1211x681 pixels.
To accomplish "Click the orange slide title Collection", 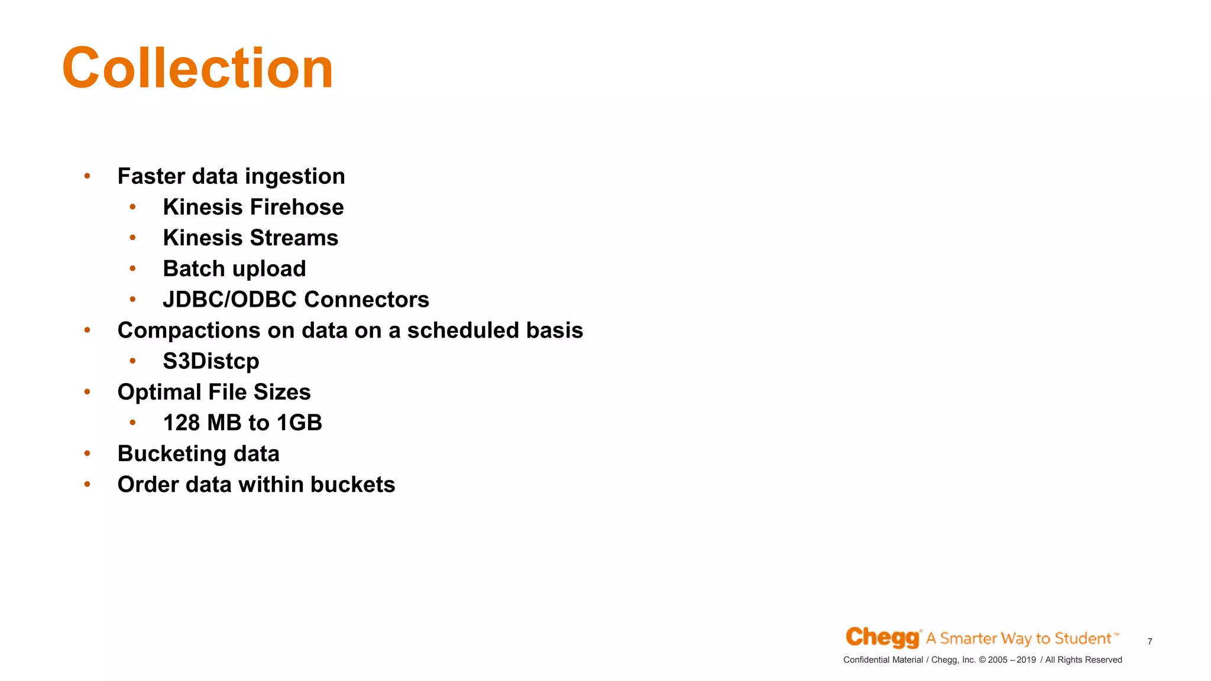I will (197, 69).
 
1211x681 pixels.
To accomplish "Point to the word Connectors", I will (367, 300).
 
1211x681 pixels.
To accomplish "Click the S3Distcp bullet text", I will (211, 361).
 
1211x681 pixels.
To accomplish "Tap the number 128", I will (182, 423).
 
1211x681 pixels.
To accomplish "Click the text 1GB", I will (299, 423).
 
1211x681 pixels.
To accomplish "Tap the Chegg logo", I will (882, 637).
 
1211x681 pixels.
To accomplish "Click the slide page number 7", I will (1150, 641).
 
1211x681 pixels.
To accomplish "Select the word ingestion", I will (294, 177).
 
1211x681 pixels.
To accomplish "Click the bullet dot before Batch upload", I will (133, 269).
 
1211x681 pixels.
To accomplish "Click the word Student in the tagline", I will (1083, 638).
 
